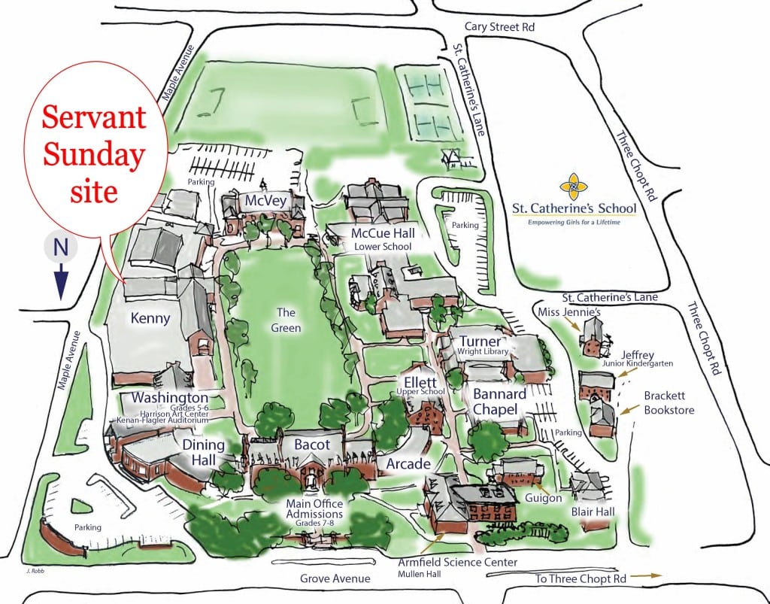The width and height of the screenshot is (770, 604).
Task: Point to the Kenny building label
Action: click(150, 318)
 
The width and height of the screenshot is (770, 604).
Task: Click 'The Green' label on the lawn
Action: click(286, 320)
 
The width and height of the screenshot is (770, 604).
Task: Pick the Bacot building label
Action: click(311, 445)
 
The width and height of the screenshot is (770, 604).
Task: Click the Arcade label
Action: click(408, 464)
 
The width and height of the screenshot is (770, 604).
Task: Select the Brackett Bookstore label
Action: click(668, 402)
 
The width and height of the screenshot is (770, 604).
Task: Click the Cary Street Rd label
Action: click(499, 26)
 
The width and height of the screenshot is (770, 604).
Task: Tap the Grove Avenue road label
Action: click(335, 578)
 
